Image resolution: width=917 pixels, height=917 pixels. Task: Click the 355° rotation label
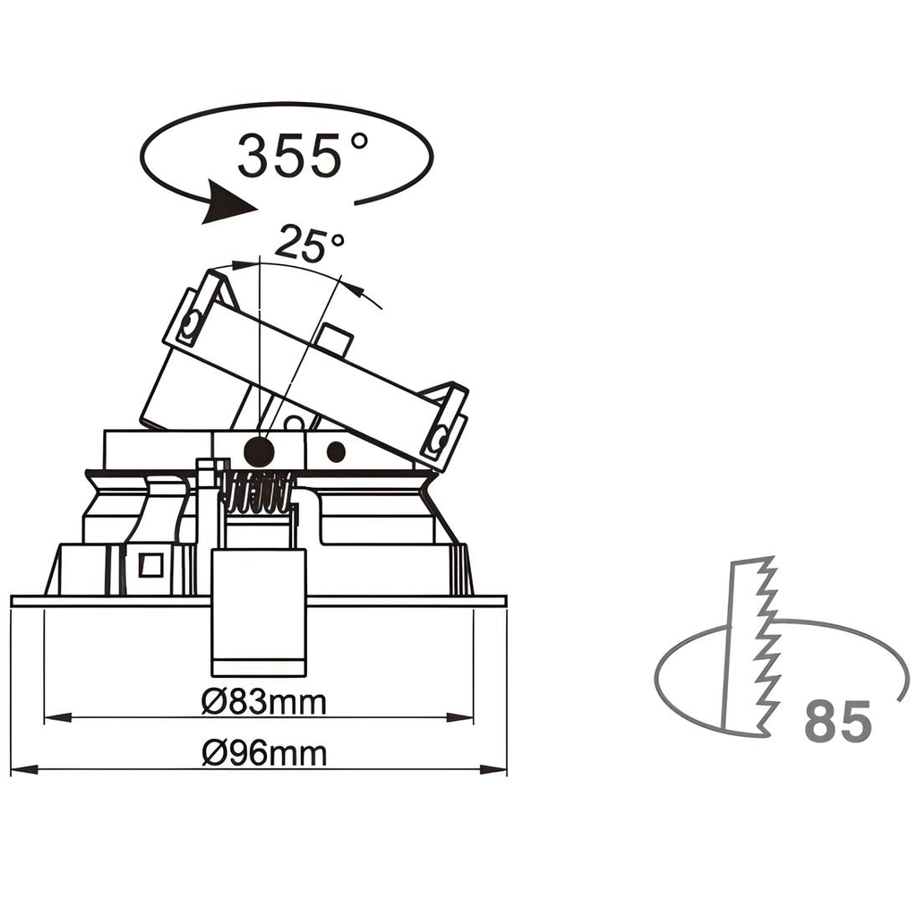click(x=302, y=155)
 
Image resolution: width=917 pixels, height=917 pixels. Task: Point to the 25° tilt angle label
click(x=309, y=244)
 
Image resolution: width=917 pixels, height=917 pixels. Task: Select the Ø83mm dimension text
click(x=263, y=703)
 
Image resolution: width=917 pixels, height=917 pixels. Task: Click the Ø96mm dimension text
click(x=263, y=755)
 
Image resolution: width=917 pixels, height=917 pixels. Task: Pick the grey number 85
click(x=837, y=722)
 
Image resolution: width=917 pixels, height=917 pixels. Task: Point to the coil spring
click(x=258, y=492)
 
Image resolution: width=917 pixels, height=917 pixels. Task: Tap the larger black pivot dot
click(x=260, y=450)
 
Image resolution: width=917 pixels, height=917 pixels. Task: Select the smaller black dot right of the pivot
click(x=336, y=452)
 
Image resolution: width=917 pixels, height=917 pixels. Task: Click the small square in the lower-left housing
click(x=150, y=565)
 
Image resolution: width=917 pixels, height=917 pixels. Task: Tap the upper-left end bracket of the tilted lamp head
click(x=193, y=317)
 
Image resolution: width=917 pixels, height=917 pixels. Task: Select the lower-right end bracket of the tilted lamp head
click(x=444, y=427)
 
